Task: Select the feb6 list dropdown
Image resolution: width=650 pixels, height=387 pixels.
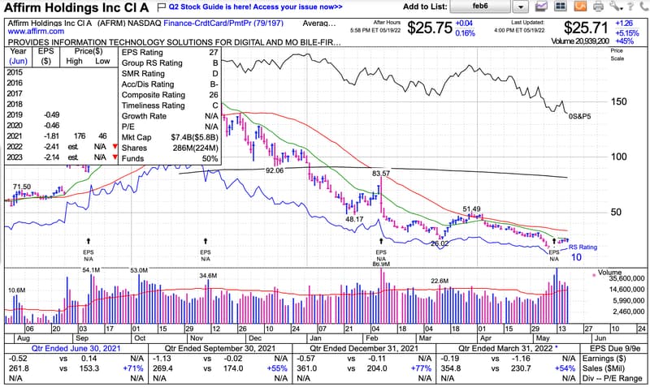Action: click(488, 6)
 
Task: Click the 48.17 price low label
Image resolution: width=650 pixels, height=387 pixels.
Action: click(354, 219)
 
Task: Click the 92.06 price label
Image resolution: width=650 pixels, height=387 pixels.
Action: click(275, 171)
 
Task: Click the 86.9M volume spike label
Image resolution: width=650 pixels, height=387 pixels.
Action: click(380, 264)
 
